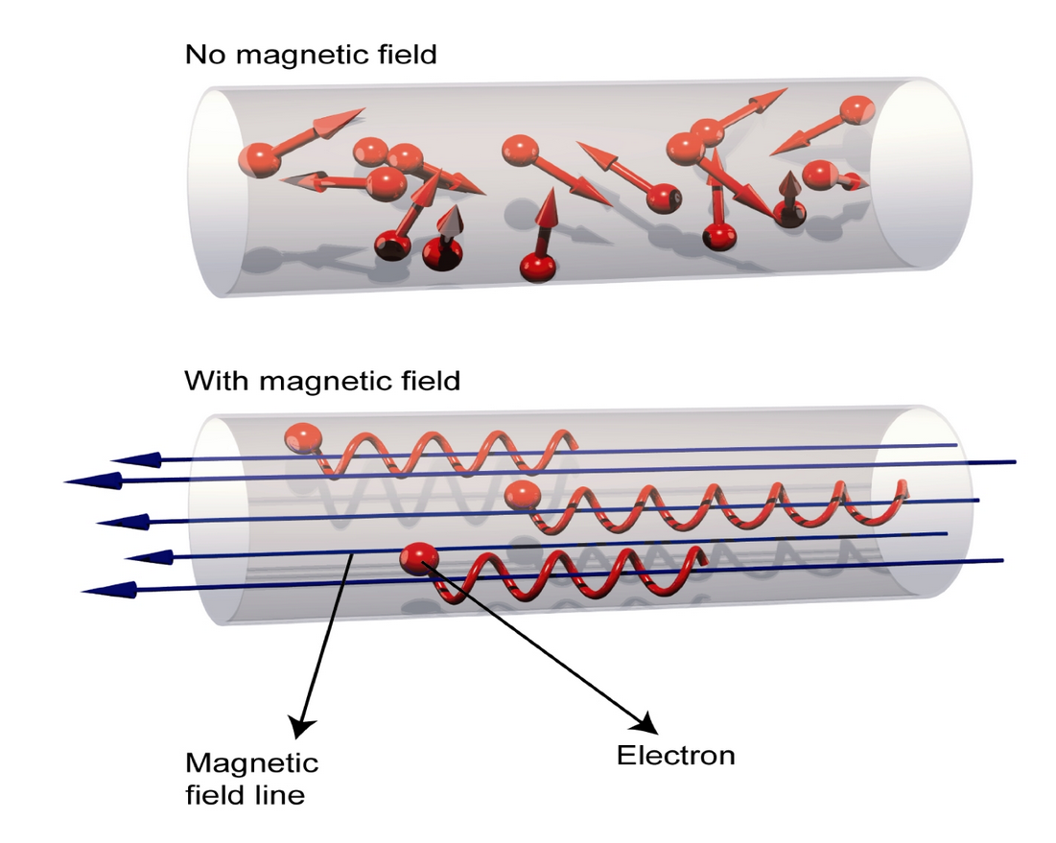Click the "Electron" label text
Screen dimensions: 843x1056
click(675, 755)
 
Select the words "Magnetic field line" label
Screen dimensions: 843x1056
click(251, 778)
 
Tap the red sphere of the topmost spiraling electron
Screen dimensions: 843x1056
click(303, 439)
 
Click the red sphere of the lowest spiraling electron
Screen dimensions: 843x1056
click(419, 558)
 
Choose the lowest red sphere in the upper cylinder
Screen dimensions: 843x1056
click(537, 267)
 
